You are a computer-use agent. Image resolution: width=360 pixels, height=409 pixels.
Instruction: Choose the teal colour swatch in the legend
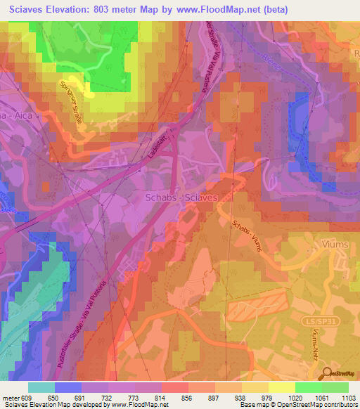tap(41, 387)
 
